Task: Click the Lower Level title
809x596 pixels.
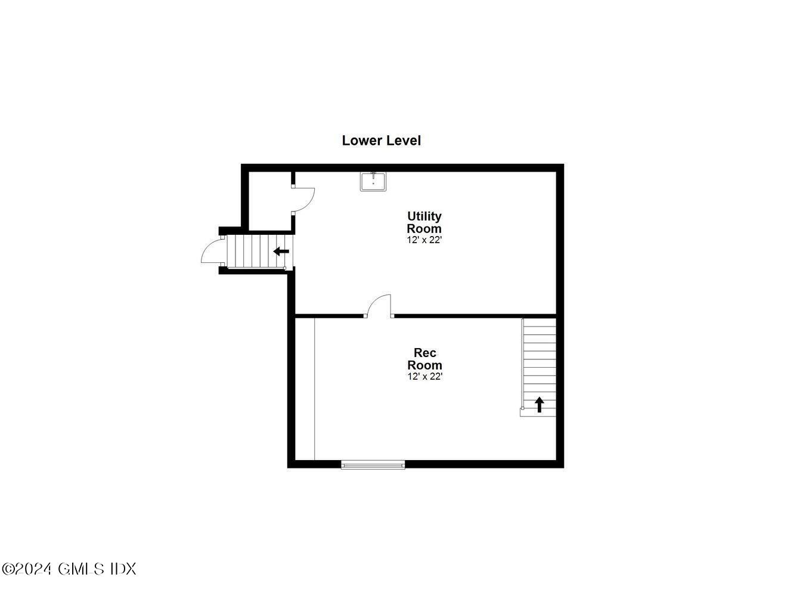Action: (x=381, y=141)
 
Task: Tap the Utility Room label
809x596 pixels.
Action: (x=424, y=222)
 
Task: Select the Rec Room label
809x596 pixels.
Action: (x=424, y=359)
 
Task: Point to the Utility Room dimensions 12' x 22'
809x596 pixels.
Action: (x=424, y=240)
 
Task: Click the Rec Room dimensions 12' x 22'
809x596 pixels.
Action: (x=424, y=377)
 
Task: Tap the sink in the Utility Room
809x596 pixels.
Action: (x=373, y=181)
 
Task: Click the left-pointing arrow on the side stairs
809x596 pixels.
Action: (x=281, y=252)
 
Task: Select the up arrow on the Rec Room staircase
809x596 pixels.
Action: (x=540, y=405)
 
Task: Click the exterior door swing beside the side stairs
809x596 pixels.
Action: (x=212, y=252)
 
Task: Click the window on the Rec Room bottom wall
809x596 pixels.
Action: (x=373, y=464)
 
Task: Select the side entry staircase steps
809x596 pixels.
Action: (x=250, y=252)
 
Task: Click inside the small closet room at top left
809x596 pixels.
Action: (x=269, y=200)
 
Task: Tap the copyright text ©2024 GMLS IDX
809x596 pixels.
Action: (x=69, y=569)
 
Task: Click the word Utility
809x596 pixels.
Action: (x=424, y=216)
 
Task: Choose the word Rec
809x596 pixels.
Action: (x=424, y=353)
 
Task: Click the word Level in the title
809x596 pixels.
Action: (x=404, y=141)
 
